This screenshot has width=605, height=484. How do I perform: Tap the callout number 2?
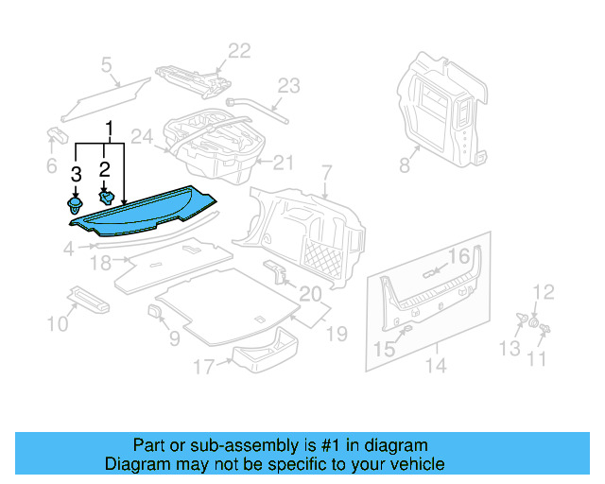(106, 170)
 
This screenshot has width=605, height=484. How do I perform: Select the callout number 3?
(76, 174)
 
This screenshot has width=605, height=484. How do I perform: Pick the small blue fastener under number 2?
(108, 197)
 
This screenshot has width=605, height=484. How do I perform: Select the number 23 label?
(288, 84)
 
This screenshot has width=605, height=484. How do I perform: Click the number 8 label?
(405, 165)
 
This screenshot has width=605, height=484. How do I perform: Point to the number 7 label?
(327, 173)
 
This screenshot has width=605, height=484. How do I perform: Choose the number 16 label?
(458, 256)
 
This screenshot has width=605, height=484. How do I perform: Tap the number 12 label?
(544, 291)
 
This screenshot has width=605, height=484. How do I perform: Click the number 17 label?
(204, 367)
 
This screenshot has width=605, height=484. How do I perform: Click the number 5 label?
(107, 65)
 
